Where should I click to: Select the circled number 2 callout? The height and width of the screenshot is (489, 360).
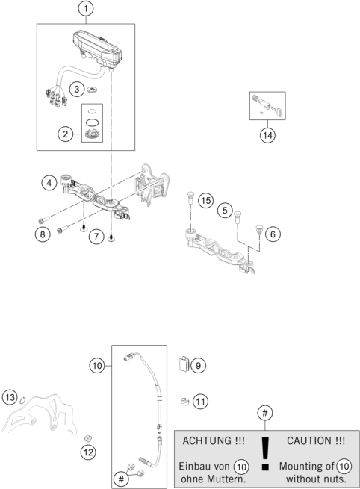66,134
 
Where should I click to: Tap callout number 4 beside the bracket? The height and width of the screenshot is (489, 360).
49,182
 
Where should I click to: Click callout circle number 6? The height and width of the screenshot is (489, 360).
273,234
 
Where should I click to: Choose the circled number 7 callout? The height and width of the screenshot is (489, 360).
95,237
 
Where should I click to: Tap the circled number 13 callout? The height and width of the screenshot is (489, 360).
10,396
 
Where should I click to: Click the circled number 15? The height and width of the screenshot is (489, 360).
205,199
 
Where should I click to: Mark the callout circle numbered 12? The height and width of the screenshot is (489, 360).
88,451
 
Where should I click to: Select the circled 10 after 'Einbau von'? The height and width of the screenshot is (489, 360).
240,465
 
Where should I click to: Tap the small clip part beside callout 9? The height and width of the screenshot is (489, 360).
184,365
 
